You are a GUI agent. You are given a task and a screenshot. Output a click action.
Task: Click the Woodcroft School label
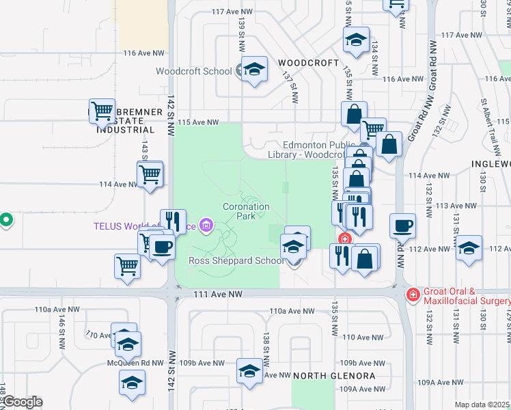click(193, 71)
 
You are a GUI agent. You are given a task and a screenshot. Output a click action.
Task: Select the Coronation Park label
click(246, 211)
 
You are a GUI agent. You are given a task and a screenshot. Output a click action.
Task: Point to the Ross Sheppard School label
click(236, 260)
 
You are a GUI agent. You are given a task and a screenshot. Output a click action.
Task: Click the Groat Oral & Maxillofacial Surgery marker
click(413, 295)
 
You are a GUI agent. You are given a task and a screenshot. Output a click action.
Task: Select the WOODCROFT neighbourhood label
click(309, 63)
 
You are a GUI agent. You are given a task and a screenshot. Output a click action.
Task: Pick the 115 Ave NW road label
click(198, 123)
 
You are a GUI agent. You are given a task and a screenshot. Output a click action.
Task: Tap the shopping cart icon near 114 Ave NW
click(150, 174)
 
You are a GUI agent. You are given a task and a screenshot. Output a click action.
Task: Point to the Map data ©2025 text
click(482, 405)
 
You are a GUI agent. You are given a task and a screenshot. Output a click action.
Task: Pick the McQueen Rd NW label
click(135, 363)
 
